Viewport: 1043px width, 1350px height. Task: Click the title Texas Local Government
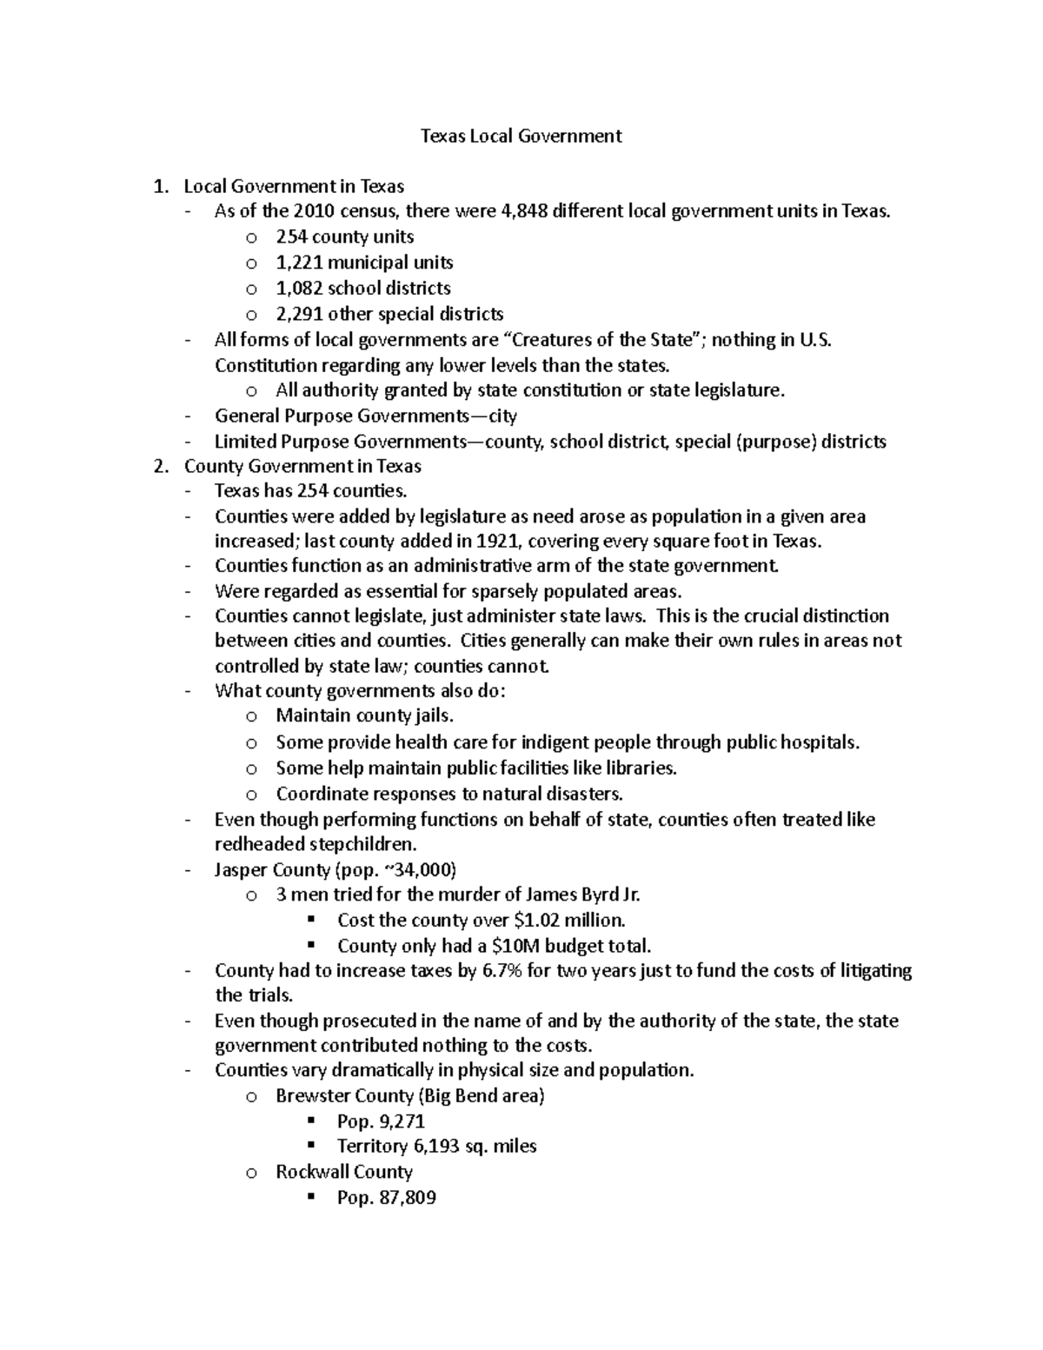click(x=521, y=136)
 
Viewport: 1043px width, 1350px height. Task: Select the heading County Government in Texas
click(x=302, y=466)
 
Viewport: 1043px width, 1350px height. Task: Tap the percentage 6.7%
click(x=502, y=970)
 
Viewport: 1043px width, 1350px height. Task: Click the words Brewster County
click(x=344, y=1095)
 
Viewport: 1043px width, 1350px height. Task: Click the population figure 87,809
click(x=407, y=1198)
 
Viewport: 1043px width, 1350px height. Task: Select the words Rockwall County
click(x=344, y=1172)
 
